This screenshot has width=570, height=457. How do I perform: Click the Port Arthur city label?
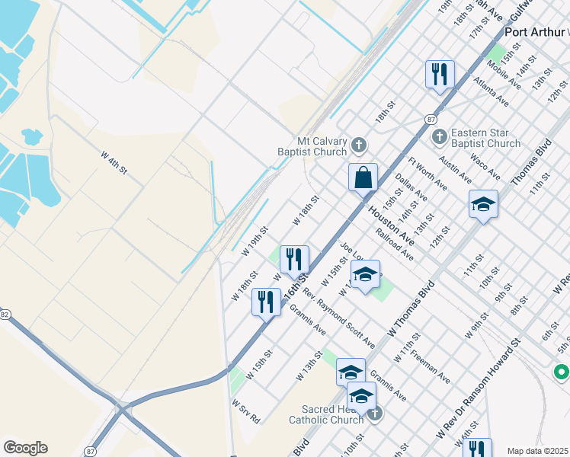534,33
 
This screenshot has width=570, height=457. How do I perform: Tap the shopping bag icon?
363,178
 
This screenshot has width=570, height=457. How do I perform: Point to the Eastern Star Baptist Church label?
486,137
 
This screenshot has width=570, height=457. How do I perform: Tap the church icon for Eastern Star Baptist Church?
439,137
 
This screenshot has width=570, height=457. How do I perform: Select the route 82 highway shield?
4,314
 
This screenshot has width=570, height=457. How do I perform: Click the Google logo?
25,448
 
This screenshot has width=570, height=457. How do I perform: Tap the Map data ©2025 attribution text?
537,451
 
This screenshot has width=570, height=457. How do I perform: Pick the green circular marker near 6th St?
562,372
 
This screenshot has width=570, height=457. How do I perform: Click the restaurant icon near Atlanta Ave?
439,75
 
